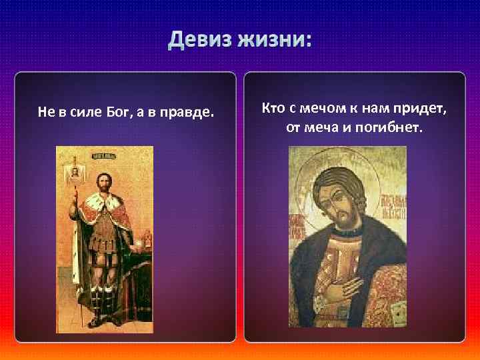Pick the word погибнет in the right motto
[395, 127]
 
